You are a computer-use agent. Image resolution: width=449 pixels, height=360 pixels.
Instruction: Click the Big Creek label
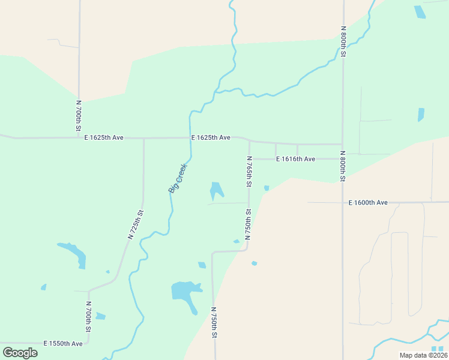coord(178,178)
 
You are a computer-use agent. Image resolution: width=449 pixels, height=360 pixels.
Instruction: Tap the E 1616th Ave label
coord(295,159)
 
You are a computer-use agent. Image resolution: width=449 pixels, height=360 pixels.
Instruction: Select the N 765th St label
coord(249,171)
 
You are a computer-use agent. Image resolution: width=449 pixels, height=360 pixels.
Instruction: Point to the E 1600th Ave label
coord(368,203)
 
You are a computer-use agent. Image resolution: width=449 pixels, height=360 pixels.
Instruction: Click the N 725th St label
coord(136,224)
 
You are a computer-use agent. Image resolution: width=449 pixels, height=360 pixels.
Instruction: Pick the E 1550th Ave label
coord(63,344)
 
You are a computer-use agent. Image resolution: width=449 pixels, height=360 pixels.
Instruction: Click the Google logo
coord(20,353)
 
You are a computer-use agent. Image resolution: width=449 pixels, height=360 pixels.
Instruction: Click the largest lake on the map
coord(185,292)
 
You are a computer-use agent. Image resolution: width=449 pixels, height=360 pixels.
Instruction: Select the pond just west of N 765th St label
coord(215,190)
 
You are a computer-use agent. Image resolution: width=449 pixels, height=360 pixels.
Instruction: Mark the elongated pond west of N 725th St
coord(74,253)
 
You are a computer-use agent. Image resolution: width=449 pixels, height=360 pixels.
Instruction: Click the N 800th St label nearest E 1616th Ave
coord(342,166)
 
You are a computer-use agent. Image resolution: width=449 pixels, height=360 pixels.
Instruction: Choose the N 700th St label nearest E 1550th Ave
coord(88,316)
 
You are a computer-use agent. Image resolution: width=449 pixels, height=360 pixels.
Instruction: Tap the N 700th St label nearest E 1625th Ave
coord(79,116)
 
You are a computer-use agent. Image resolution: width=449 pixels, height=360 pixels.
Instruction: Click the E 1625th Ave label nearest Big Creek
coord(211,138)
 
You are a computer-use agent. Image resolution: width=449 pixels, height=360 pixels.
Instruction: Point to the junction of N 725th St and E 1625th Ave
coord(144,138)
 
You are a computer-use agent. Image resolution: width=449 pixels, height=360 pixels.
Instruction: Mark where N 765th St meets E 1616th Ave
coord(249,159)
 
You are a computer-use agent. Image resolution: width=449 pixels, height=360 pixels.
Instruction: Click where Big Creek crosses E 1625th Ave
coord(190,138)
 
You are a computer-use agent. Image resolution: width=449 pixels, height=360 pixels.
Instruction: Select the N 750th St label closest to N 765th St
coord(248,224)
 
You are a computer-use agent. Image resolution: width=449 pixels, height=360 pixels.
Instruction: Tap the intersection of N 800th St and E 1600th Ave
coord(343,202)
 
